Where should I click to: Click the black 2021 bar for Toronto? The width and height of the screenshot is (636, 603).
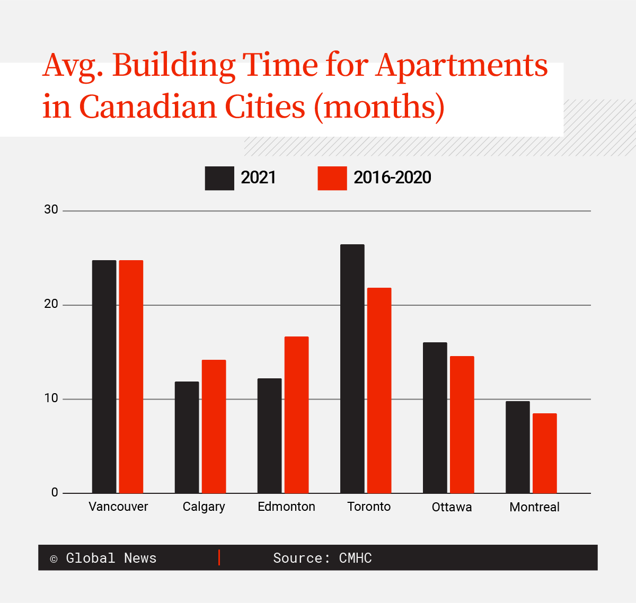(352, 369)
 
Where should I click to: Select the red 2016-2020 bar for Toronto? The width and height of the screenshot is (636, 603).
(379, 391)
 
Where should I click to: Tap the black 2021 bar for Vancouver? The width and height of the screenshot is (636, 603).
(104, 377)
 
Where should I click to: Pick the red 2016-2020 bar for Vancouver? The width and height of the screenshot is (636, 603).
(131, 377)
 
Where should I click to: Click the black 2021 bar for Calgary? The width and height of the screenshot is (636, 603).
(187, 437)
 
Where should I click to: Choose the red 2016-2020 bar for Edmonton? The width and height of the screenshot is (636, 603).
(296, 415)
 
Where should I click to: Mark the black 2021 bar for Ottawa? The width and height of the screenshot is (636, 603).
(435, 418)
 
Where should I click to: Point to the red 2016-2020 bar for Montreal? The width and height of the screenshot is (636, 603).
(544, 453)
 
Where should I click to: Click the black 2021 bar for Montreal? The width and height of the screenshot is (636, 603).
(517, 447)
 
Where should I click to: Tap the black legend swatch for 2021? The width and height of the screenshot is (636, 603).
(219, 178)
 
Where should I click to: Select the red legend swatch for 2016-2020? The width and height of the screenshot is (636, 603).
(332, 178)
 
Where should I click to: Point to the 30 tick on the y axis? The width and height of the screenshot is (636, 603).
(51, 210)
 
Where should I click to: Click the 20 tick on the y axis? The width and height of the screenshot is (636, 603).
(51, 304)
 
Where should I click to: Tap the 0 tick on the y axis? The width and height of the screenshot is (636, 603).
(55, 492)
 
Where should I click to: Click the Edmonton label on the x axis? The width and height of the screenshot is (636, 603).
(286, 507)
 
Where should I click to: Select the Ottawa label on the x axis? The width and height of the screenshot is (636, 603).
(452, 507)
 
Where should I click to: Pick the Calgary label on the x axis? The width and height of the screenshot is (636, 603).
(204, 507)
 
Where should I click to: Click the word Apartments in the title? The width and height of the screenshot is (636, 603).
(462, 66)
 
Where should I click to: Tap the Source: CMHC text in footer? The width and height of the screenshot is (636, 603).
(322, 558)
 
